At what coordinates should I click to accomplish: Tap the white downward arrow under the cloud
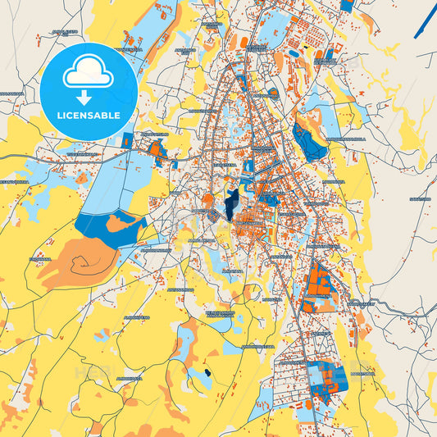point(88,98)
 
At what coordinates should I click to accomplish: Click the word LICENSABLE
point(89,116)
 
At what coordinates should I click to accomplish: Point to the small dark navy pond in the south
point(207,373)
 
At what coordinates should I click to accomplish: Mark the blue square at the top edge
point(347,5)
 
